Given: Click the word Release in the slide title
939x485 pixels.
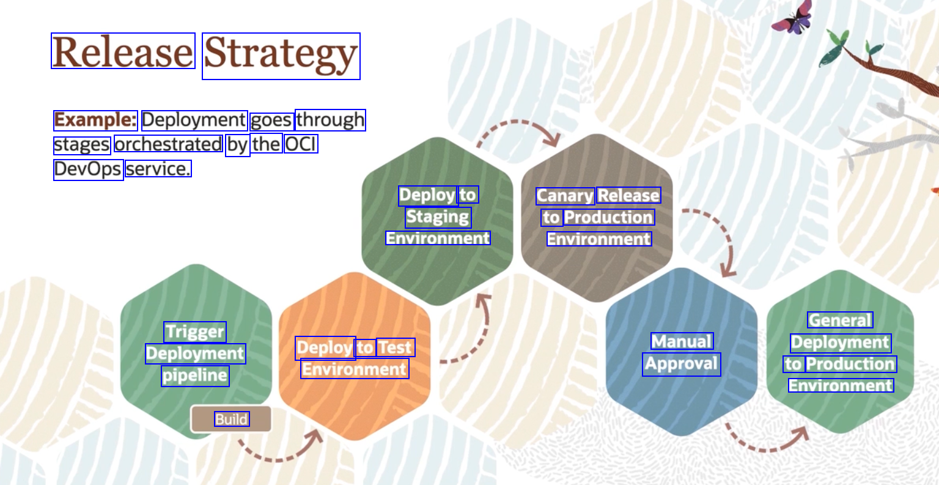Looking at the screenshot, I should (x=123, y=51).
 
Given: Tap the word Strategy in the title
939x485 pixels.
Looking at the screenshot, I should (x=281, y=55).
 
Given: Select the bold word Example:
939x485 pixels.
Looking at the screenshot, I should (x=95, y=120).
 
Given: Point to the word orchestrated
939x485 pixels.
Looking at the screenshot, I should (x=168, y=144).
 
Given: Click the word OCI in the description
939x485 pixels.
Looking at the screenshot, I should (x=300, y=144).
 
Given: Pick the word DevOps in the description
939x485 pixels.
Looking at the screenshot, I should (x=88, y=169).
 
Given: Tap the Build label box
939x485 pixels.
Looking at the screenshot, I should (x=231, y=419).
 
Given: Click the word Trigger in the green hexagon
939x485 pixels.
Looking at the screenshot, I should (x=195, y=332).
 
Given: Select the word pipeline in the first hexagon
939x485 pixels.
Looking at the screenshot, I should (x=195, y=376).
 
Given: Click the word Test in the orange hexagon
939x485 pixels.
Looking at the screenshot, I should (x=395, y=347).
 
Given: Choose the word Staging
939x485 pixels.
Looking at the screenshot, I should (x=438, y=217).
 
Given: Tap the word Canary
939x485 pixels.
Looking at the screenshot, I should (x=565, y=196).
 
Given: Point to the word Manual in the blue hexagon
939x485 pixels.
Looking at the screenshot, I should (x=682, y=341).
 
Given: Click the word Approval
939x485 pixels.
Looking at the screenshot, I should (x=681, y=364).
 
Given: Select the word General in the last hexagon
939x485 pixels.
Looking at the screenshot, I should (x=840, y=320).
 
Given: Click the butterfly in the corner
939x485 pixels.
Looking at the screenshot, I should (x=793, y=18).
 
